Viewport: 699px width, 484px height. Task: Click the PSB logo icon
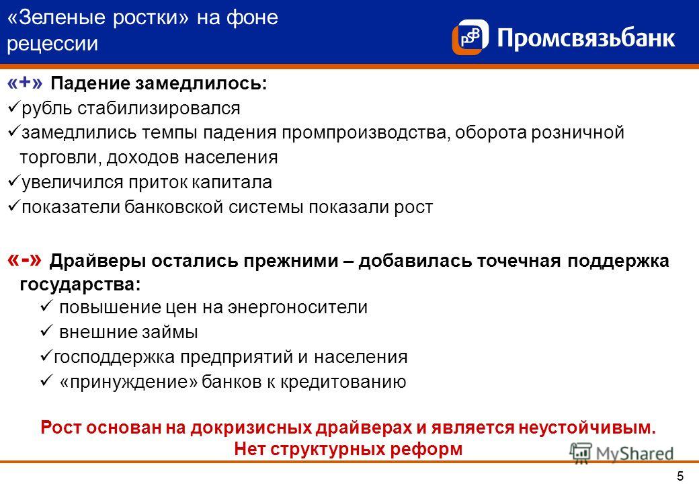point(470,37)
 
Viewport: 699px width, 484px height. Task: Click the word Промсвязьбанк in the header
point(586,38)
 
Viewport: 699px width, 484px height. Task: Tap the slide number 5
point(680,475)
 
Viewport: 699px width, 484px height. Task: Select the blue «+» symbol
point(25,83)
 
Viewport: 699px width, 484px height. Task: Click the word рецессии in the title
point(52,44)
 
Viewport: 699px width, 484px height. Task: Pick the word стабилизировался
point(159,108)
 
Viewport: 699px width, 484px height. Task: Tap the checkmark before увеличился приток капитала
point(14,181)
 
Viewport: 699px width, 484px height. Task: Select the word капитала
point(232,182)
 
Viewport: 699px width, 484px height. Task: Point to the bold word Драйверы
point(97,261)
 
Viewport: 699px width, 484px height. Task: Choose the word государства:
point(80,285)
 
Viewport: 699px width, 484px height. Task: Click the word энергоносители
point(298,307)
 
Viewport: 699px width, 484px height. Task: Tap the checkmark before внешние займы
point(46,330)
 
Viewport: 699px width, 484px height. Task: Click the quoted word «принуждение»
point(128,382)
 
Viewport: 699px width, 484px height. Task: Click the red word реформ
point(432,449)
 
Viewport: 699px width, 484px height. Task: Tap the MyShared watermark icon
point(581,453)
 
